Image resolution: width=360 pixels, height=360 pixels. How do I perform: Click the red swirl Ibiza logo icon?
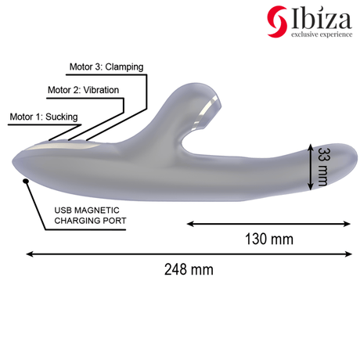(x=277, y=21)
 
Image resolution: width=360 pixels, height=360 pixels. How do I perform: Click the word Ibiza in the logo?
(x=321, y=18)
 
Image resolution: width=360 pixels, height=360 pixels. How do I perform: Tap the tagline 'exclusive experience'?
(x=322, y=34)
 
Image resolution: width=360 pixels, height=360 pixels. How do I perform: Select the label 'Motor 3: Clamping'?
(x=106, y=67)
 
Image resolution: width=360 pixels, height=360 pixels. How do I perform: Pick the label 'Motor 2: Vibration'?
(x=83, y=90)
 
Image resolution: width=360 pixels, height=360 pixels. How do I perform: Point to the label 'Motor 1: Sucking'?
(x=44, y=117)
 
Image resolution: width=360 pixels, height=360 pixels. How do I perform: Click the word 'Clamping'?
(x=124, y=67)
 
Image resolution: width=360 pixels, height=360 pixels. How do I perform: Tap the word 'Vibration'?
(x=101, y=90)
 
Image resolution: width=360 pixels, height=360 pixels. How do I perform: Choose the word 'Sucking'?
(x=62, y=117)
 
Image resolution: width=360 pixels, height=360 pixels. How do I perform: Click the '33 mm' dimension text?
(x=323, y=167)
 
